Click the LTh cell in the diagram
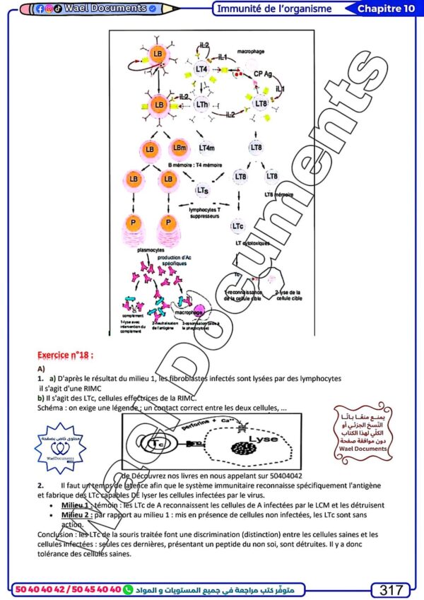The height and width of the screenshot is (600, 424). pos(202,105)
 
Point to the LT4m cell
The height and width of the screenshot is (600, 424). pos(208,148)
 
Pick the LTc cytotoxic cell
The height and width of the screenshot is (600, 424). pos(238,226)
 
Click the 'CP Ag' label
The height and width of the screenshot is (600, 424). pos(264,73)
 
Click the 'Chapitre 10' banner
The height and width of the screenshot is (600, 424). pos(385,8)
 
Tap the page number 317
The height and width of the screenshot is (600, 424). pos(391,589)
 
